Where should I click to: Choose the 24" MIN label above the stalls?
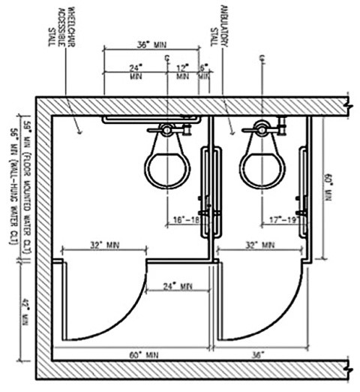click(x=136, y=71)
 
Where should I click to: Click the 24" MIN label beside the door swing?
click(x=177, y=286)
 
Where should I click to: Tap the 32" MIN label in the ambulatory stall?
click(x=260, y=244)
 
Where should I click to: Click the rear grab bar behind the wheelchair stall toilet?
click(x=150, y=119)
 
